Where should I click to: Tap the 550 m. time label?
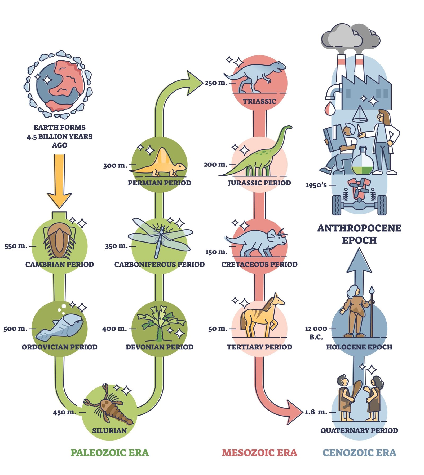(x=16, y=246)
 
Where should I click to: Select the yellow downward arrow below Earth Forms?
(x=59, y=180)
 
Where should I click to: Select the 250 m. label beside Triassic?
(x=216, y=83)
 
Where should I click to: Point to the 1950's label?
(x=316, y=185)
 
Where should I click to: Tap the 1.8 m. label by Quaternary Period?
(x=316, y=412)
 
